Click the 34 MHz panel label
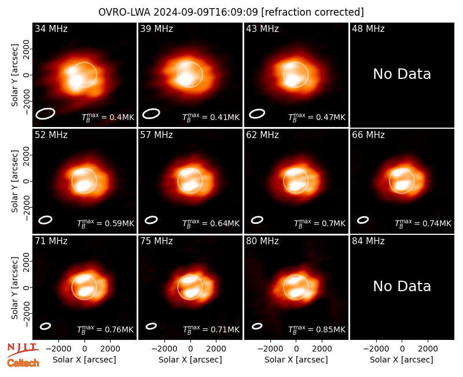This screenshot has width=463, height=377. (51, 28)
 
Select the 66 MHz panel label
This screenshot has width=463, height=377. (368, 135)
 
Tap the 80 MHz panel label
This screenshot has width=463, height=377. (262, 241)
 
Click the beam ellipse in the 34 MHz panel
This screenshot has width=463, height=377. (45, 114)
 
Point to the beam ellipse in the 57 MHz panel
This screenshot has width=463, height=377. (151, 220)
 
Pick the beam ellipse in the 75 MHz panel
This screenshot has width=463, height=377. (151, 326)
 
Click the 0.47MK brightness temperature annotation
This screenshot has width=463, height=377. (317, 118)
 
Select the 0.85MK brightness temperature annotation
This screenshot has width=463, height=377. (317, 329)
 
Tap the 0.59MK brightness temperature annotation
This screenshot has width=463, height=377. (105, 223)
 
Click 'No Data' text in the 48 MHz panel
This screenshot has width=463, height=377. (402, 74)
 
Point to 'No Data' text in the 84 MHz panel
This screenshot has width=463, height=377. (402, 286)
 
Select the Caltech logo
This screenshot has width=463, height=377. (23, 363)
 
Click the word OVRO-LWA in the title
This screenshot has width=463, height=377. (124, 12)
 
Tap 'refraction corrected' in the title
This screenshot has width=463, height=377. (313, 12)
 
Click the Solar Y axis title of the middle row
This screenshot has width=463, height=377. (14, 181)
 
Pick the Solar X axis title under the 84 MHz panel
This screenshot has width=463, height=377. (402, 360)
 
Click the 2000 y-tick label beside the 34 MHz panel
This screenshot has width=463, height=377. (26, 49)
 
